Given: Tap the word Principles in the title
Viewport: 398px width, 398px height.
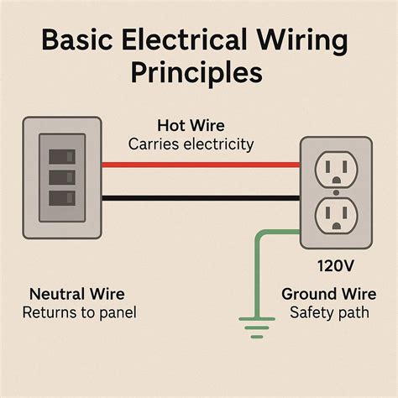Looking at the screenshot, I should (198, 73).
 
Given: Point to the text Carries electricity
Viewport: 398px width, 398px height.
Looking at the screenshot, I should (191, 144).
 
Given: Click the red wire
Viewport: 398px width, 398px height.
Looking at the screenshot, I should (201, 165).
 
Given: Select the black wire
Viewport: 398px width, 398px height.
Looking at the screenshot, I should (201, 199).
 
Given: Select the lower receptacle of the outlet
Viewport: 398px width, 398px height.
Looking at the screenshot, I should (337, 217).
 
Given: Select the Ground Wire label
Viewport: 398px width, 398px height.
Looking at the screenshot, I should (324, 295).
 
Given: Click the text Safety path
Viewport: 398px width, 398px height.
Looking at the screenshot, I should (324, 314).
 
